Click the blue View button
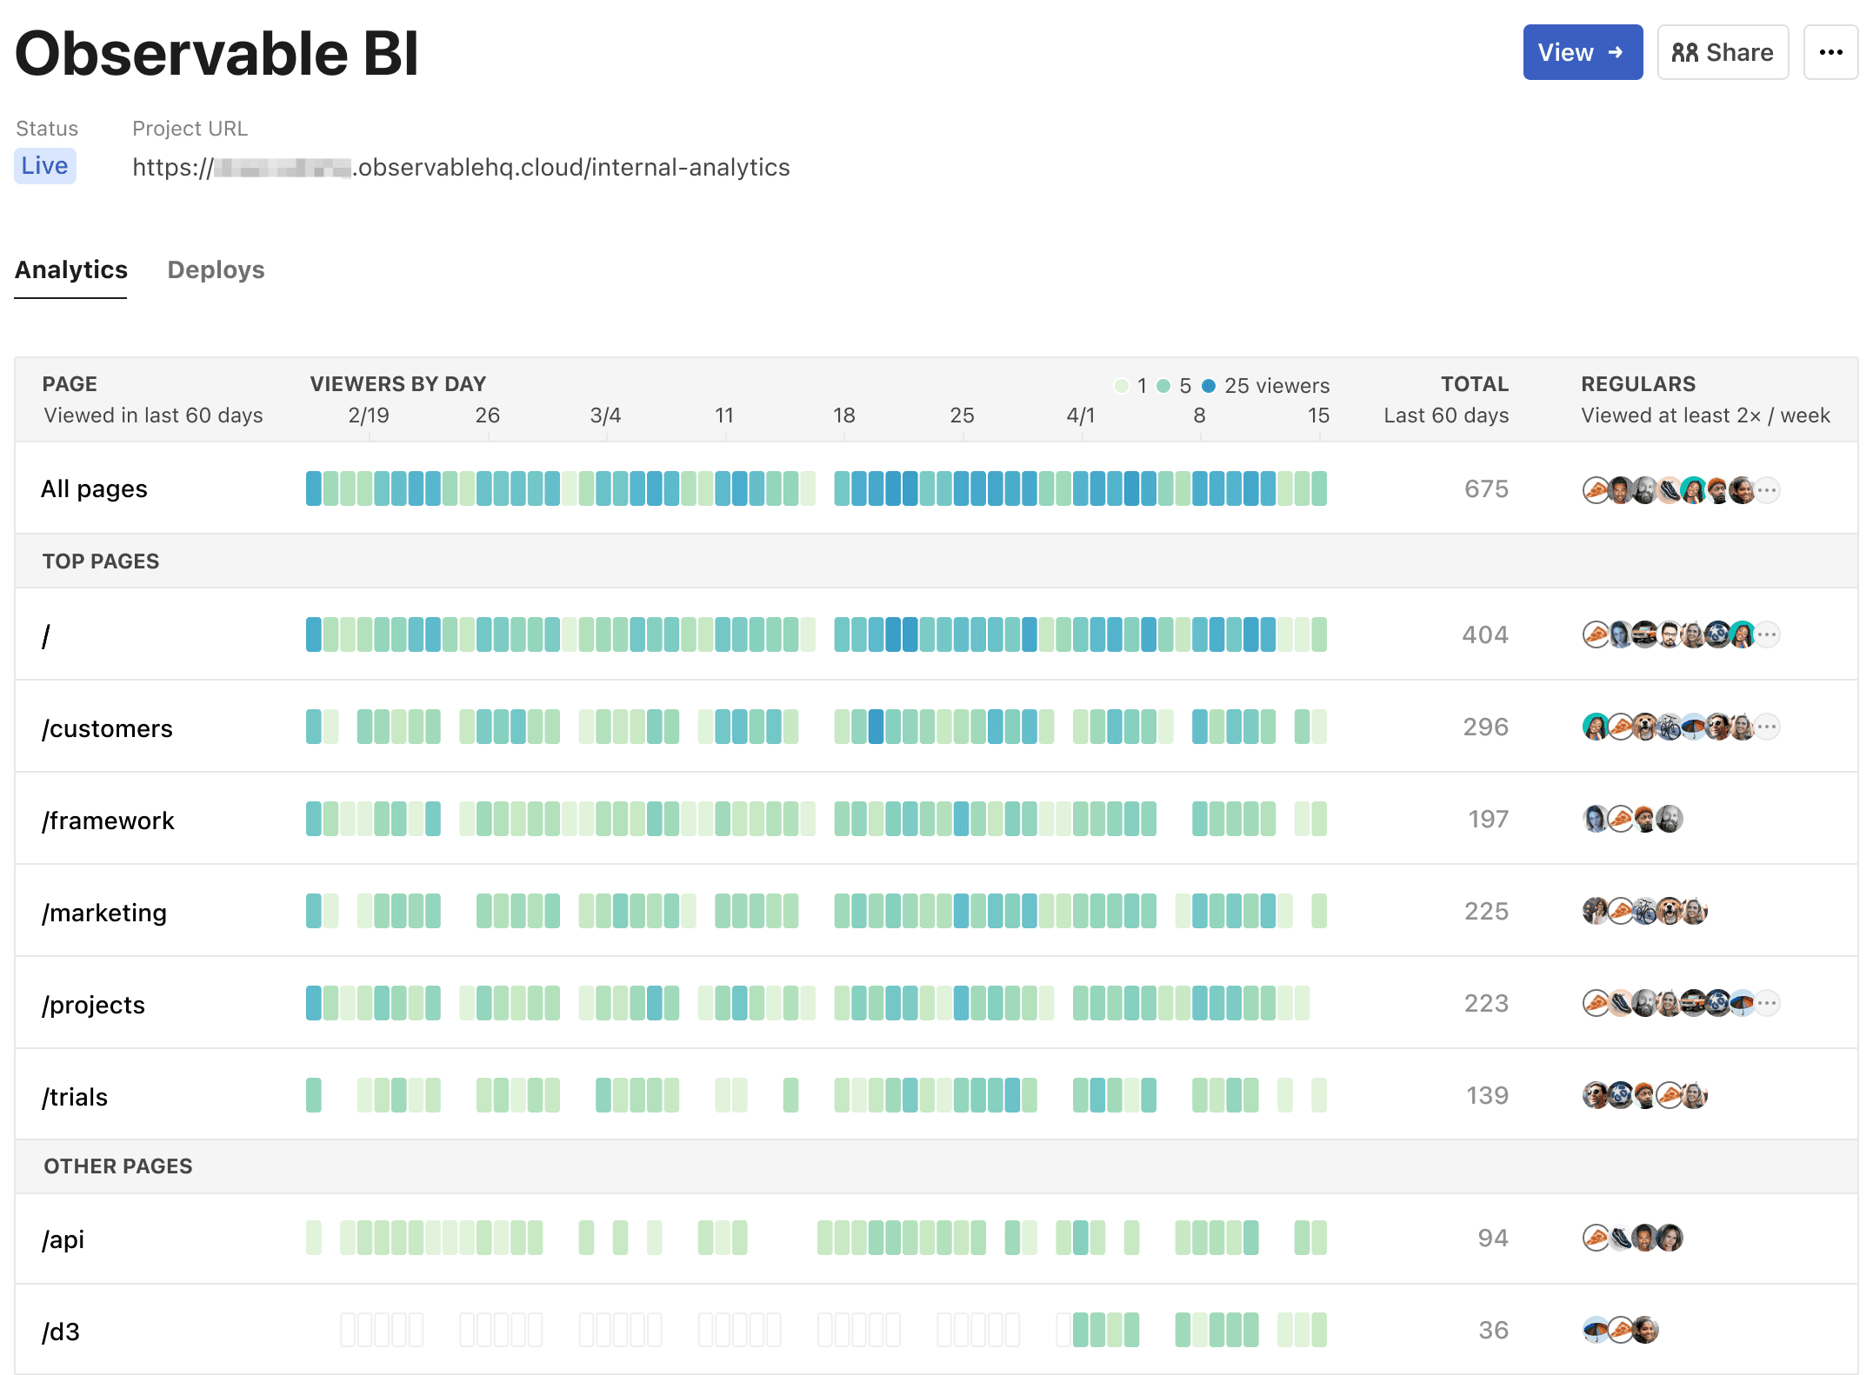[1582, 52]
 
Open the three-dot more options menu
[1830, 52]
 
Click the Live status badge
[45, 166]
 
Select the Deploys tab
[216, 270]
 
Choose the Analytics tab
[71, 270]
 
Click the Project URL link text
[461, 167]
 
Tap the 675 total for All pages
[1486, 488]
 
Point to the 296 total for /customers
[1485, 727]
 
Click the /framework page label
[108, 820]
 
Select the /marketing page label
[104, 913]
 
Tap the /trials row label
[75, 1097]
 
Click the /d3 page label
[61, 1332]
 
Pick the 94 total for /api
[1492, 1238]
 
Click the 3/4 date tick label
[605, 415]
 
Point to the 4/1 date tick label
[1080, 415]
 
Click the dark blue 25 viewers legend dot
[1209, 386]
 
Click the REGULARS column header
[1638, 384]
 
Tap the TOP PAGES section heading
[101, 561]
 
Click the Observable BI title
[217, 54]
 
